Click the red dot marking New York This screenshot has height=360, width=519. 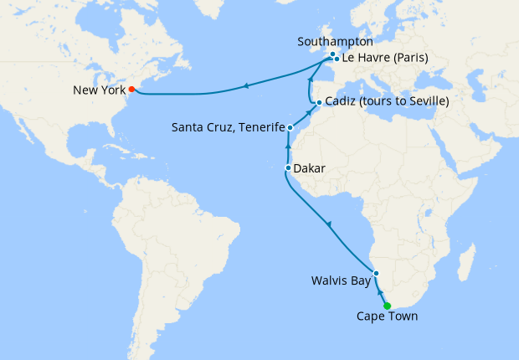pos(131,88)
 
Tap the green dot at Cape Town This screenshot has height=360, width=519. pos(387,306)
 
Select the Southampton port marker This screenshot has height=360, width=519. pos(332,54)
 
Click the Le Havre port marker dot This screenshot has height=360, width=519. pos(337,59)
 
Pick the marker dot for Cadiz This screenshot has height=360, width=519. pos(319,102)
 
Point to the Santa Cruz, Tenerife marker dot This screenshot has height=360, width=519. pos(290,128)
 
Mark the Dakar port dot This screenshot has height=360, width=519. pos(288,168)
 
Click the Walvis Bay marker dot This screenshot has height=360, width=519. pos(377,273)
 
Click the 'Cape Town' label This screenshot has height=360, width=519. pos(387,316)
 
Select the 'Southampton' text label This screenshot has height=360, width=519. pos(335,41)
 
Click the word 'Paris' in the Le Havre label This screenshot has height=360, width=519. pos(410,59)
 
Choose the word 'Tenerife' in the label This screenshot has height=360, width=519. pos(259,128)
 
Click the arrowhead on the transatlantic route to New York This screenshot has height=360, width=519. pos(246,85)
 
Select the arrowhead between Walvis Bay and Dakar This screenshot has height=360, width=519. pos(329,224)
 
